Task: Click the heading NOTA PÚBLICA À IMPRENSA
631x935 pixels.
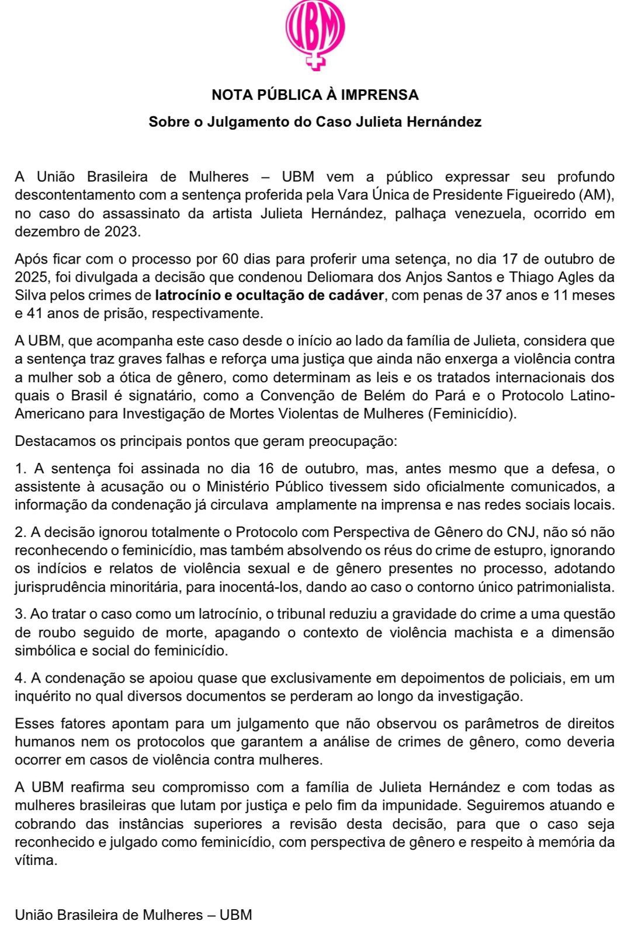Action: point(315,95)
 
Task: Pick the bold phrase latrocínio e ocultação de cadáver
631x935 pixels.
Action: point(270,295)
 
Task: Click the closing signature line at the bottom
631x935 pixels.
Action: point(133,915)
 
